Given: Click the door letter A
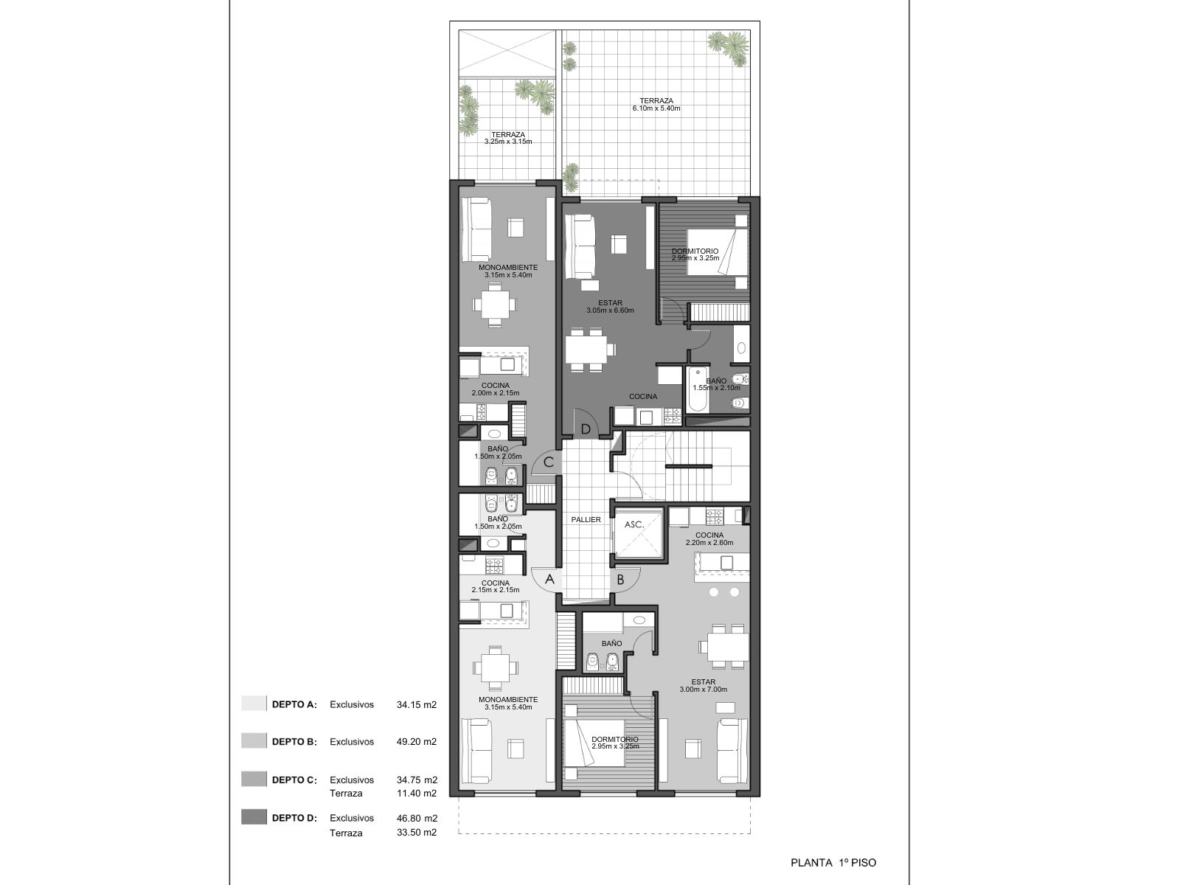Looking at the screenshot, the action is (549, 580).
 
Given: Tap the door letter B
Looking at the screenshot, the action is (619, 580).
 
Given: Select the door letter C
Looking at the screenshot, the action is (549, 462).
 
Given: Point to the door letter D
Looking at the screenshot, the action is (586, 429).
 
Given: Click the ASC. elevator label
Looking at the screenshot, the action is (634, 524).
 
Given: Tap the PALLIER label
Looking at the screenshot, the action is (586, 520).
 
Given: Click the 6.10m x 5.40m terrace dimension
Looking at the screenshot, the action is (656, 108).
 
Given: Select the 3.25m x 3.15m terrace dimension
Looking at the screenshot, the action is (508, 142).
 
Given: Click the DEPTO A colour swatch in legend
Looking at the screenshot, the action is (254, 704).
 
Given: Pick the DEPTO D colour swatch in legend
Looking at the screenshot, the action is (254, 816).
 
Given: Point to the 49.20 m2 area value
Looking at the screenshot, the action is (417, 741).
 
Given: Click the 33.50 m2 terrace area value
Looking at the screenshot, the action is (417, 833).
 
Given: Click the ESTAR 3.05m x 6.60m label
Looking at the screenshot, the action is (610, 306).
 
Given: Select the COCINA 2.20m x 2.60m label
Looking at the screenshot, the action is (709, 539).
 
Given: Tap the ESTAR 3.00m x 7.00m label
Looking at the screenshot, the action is (703, 686).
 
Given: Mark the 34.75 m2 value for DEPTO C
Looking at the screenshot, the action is (417, 780).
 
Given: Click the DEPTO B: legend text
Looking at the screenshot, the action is (294, 741).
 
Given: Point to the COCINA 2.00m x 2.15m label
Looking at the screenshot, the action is (496, 389).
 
